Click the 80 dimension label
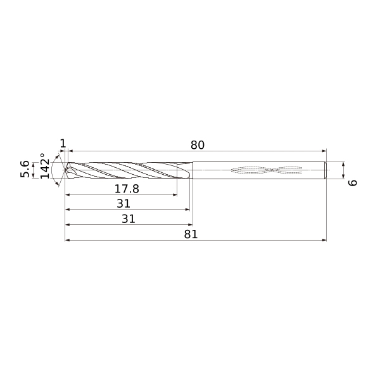click(197, 145)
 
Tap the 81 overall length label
click(191, 234)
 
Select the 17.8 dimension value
click(127, 189)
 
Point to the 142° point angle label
click(44, 166)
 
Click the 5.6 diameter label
click(25, 169)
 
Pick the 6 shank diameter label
click(352, 183)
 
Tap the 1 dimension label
click(63, 144)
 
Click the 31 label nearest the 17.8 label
click(123, 203)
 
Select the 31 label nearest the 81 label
click(129, 219)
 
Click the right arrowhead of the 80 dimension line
click(324, 151)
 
